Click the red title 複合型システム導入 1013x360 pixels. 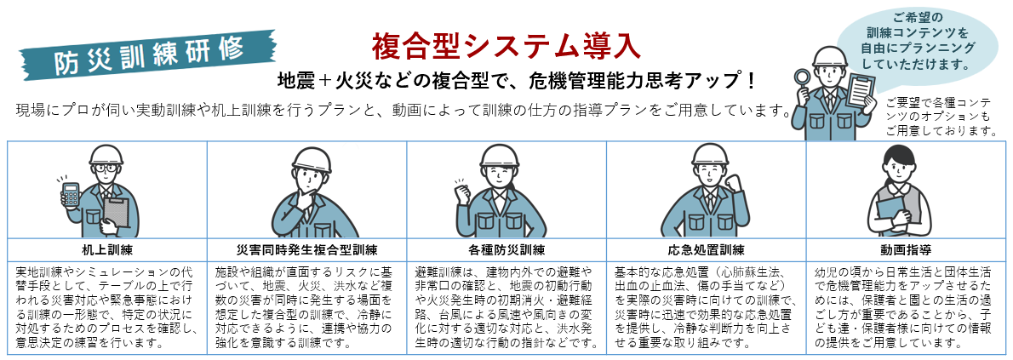[x=506, y=46]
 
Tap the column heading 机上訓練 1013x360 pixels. [x=107, y=249]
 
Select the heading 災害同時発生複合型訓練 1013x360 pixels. [x=306, y=249]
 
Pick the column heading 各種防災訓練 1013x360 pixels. [x=506, y=249]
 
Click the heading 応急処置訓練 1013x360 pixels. [x=707, y=249]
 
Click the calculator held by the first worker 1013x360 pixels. [x=71, y=195]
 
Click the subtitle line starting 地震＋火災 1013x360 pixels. [x=516, y=81]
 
